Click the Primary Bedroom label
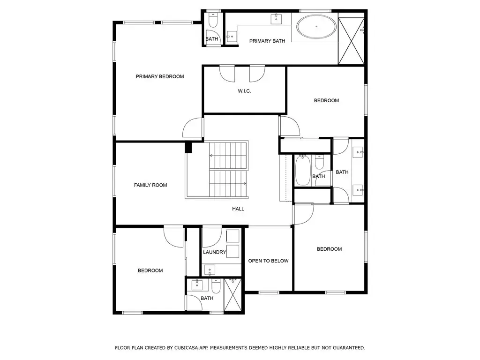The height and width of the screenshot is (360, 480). (x=160, y=76)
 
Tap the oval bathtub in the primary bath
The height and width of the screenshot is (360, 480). (x=316, y=27)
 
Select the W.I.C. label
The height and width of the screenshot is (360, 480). (x=244, y=91)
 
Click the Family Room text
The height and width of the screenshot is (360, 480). (x=150, y=185)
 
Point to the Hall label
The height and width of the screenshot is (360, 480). (x=238, y=209)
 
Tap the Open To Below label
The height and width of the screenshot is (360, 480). (x=268, y=261)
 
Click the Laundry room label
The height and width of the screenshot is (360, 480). (x=214, y=252)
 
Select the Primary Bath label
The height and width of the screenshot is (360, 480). (x=267, y=41)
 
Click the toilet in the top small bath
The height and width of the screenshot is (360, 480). (x=212, y=20)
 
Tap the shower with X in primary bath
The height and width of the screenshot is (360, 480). (x=351, y=41)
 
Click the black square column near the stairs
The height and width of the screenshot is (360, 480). (x=188, y=148)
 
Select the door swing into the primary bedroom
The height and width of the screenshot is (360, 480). (x=193, y=127)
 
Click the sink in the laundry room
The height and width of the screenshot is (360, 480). (x=210, y=270)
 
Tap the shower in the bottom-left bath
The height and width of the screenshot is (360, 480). (x=232, y=294)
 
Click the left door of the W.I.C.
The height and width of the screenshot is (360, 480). (x=227, y=74)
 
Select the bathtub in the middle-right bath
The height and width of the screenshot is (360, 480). (x=303, y=171)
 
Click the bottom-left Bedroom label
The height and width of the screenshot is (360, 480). (x=150, y=270)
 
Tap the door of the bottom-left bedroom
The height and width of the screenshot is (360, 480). (x=173, y=237)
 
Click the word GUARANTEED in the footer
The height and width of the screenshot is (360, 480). (x=348, y=348)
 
